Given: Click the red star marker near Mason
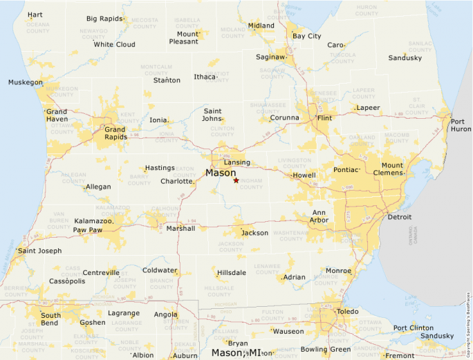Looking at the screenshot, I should tap(236, 180).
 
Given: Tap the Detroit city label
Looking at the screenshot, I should tap(399, 217).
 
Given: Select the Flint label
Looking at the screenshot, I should tap(324, 118).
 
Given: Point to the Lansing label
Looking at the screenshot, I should tap(236, 162).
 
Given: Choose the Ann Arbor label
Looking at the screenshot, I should tap(319, 216).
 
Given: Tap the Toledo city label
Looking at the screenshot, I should tap(347, 312).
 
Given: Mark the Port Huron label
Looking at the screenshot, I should tap(461, 125).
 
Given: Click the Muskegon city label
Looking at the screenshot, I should tap(25, 82).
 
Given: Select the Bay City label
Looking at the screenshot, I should tap(306, 36).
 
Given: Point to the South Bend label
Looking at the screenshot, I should tap(50, 319).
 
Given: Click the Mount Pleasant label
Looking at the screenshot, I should tap(187, 37).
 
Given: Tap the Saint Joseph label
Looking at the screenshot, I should tap(40, 251).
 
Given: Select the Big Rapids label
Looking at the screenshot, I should tap(105, 19).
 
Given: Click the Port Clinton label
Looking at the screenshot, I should tap(414, 328).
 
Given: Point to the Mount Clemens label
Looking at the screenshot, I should tap(392, 169).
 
